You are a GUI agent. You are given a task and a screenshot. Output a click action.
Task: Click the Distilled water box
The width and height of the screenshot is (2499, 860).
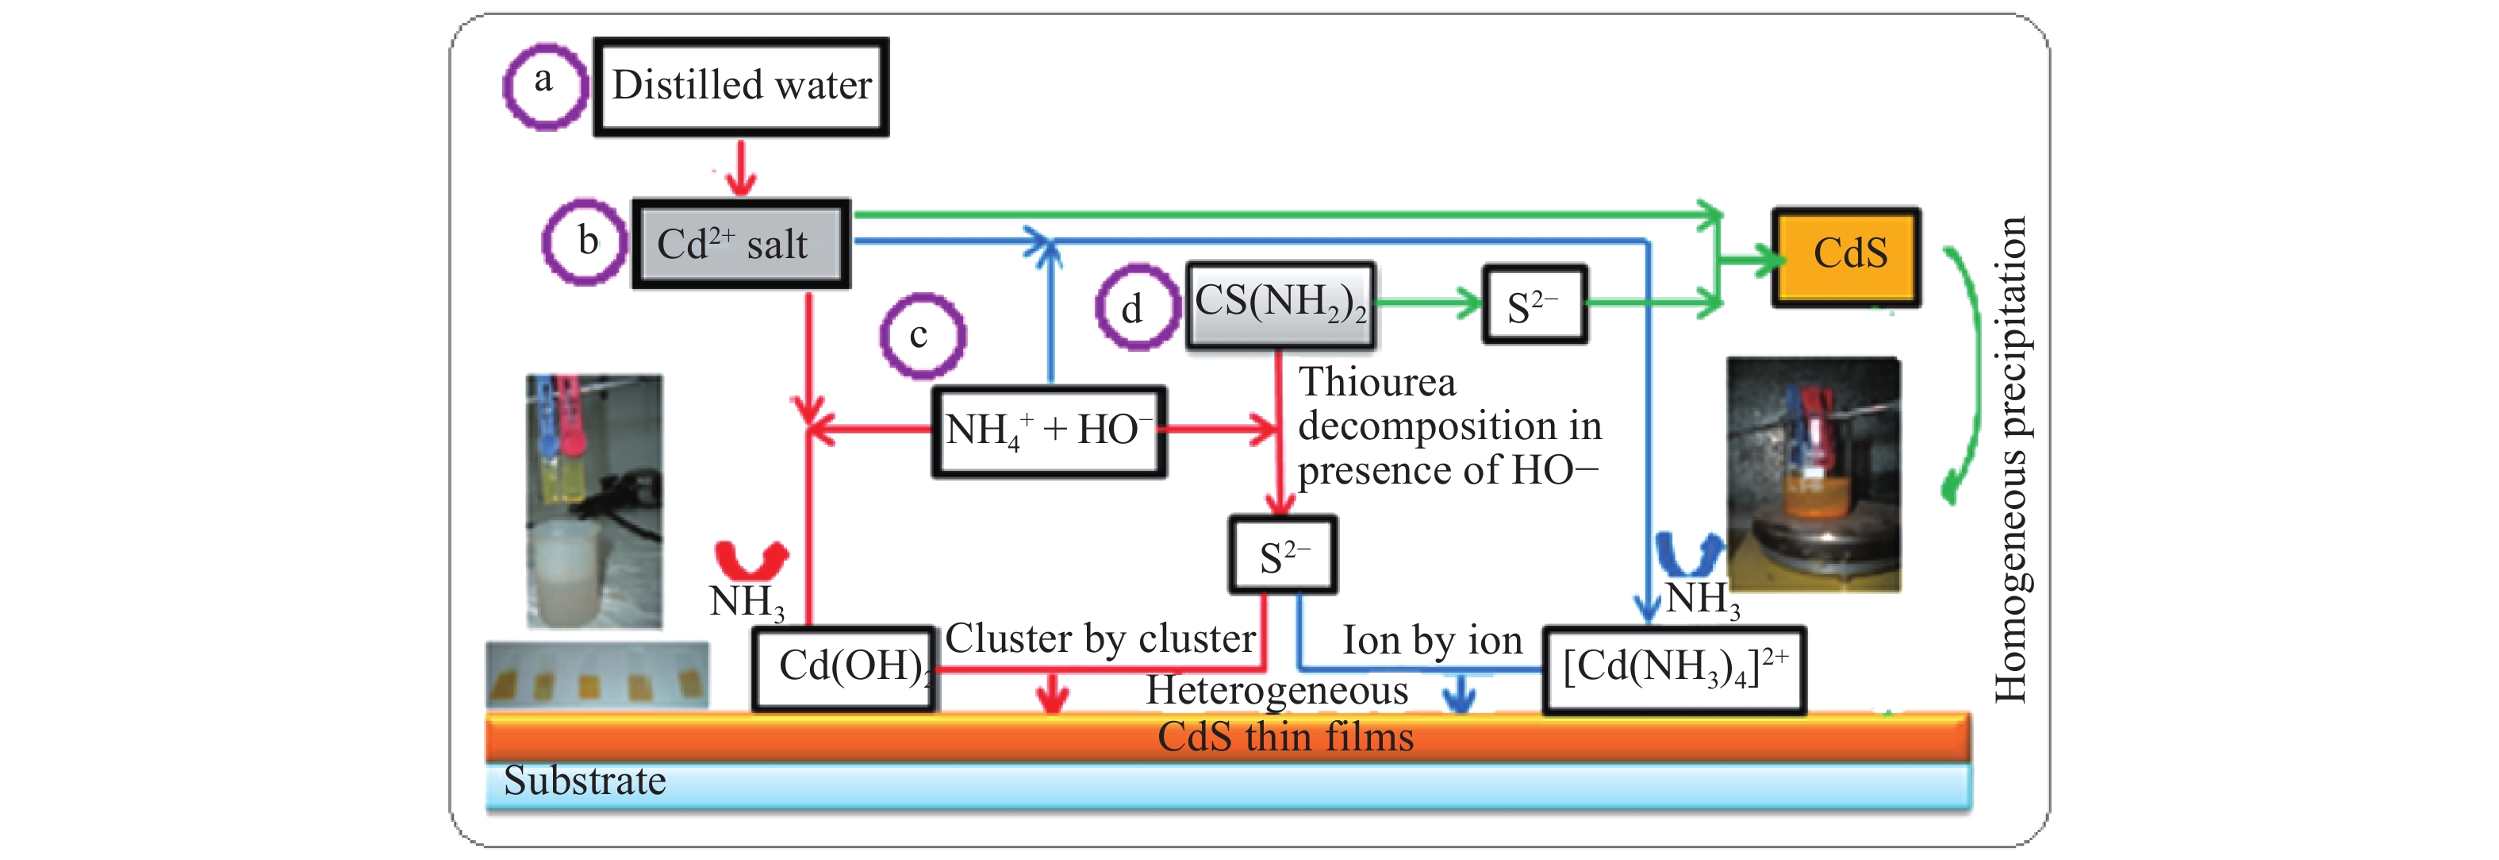coord(741,87)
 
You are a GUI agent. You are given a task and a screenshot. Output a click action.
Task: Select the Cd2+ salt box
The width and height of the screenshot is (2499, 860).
coord(741,244)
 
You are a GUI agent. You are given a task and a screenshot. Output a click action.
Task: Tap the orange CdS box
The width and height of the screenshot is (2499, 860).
coord(1846,256)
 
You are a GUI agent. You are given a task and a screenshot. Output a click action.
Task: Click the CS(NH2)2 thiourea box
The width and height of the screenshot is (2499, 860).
coord(1280,304)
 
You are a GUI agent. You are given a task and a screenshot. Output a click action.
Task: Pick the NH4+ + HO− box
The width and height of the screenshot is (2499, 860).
coord(1049,431)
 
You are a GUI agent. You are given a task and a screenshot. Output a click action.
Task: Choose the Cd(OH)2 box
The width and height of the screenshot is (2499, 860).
coord(844,668)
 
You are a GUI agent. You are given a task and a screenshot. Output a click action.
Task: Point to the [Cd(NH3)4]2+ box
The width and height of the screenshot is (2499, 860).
coord(1673,669)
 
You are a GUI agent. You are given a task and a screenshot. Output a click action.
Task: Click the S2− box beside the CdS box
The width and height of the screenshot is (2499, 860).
coord(1534,305)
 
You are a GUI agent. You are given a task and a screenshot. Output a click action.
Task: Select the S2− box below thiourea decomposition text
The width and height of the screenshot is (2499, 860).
coord(1283,555)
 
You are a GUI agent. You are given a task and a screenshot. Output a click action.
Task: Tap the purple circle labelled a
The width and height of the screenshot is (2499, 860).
coord(544,86)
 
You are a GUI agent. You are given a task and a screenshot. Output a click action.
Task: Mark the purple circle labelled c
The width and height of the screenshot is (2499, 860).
coord(922,335)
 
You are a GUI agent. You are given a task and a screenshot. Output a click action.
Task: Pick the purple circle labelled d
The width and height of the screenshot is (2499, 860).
coord(1137,307)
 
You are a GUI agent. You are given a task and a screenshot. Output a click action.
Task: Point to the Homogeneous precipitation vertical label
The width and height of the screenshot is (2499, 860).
coord(2010,458)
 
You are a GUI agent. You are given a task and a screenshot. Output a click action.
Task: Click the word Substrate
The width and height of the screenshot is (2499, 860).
coord(584,781)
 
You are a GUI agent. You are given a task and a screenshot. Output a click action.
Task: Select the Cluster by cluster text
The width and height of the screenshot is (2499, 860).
coord(1100,638)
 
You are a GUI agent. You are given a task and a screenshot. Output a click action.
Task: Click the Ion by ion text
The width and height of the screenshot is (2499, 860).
coord(1431,641)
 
